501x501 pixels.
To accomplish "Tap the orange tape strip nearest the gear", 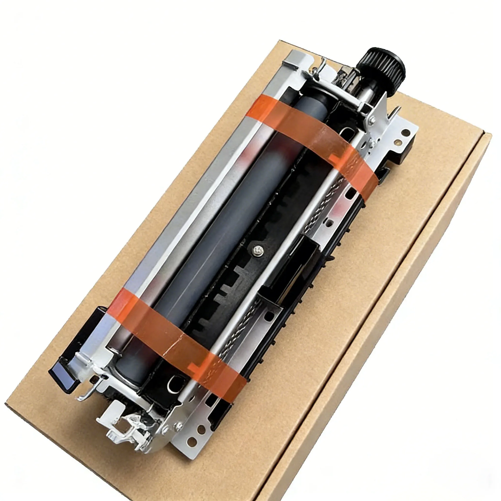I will (311, 137).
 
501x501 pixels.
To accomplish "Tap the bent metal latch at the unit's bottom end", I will (122, 425).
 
